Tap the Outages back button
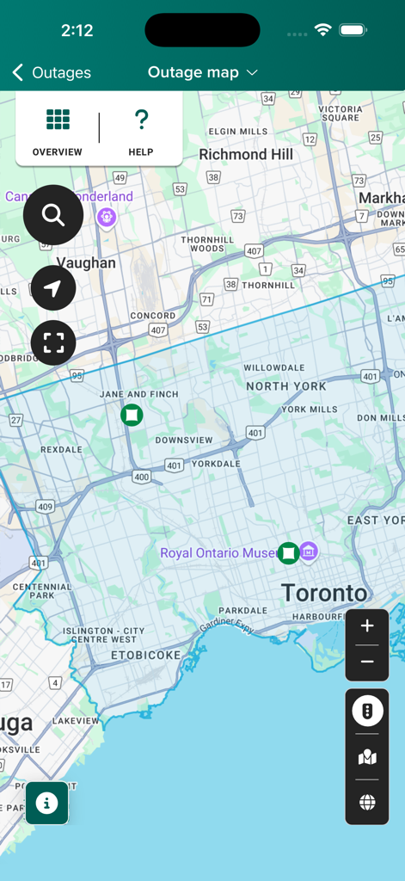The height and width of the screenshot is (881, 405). pyautogui.click(x=52, y=73)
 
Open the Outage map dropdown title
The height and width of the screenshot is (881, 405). pyautogui.click(x=203, y=73)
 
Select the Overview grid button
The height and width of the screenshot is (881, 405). pyautogui.click(x=58, y=131)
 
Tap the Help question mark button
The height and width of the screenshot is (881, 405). pyautogui.click(x=141, y=131)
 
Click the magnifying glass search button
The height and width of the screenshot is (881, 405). pyautogui.click(x=53, y=215)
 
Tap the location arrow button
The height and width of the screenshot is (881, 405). pyautogui.click(x=53, y=288)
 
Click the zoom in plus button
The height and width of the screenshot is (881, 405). pyautogui.click(x=367, y=626)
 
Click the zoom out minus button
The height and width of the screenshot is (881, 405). pyautogui.click(x=367, y=662)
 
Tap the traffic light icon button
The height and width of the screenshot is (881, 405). pyautogui.click(x=367, y=712)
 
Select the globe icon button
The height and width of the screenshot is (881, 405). pyautogui.click(x=367, y=803)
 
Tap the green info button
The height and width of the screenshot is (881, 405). pyautogui.click(x=46, y=803)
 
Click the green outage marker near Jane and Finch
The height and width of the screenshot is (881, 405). pyautogui.click(x=132, y=416)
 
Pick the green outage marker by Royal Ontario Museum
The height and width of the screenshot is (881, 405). pyautogui.click(x=289, y=552)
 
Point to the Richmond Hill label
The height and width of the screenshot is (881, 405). pyautogui.click(x=246, y=155)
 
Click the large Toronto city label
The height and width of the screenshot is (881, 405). pyautogui.click(x=324, y=593)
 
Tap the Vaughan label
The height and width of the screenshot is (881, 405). pyautogui.click(x=86, y=263)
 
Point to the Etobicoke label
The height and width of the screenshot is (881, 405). pyautogui.click(x=146, y=655)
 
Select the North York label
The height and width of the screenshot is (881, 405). pyautogui.click(x=286, y=386)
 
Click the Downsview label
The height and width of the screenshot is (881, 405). pyautogui.click(x=184, y=440)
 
